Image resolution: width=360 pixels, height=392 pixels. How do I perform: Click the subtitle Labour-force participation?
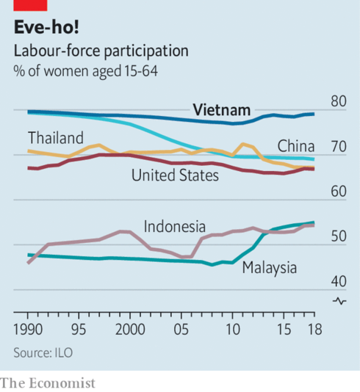point(100,51)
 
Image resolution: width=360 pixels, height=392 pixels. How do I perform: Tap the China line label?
point(296,145)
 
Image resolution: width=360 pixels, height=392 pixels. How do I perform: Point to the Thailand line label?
point(56,137)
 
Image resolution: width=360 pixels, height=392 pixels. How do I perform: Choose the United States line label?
point(175,175)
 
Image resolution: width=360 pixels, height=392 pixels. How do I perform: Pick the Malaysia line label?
point(270,267)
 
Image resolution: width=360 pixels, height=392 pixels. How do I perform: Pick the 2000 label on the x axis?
point(130,327)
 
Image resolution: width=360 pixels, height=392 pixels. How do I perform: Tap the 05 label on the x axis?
point(181,327)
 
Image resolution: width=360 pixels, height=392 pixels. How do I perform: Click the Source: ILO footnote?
point(43,352)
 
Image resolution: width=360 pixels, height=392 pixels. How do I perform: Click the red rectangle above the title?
point(30,4)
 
